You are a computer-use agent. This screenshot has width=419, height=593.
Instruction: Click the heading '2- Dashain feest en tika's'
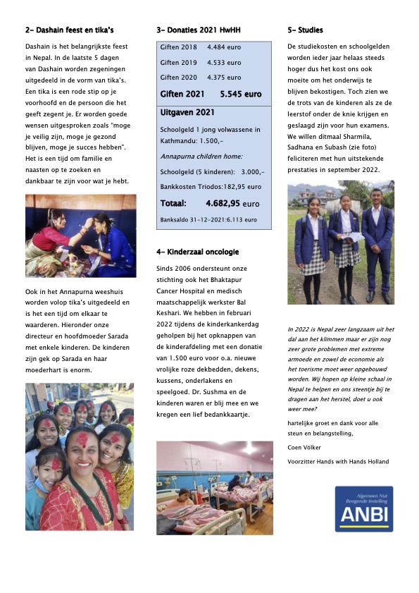[69, 30]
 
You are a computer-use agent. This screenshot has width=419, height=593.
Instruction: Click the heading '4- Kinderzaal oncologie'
[197, 252]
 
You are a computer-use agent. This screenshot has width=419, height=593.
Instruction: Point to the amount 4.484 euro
[224, 47]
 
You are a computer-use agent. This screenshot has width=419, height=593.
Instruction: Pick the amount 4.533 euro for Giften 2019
[224, 62]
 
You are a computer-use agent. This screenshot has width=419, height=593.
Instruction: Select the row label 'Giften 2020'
[179, 78]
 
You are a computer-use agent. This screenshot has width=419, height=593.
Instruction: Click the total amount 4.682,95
[228, 203]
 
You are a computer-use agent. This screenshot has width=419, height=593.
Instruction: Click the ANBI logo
[363, 508]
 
